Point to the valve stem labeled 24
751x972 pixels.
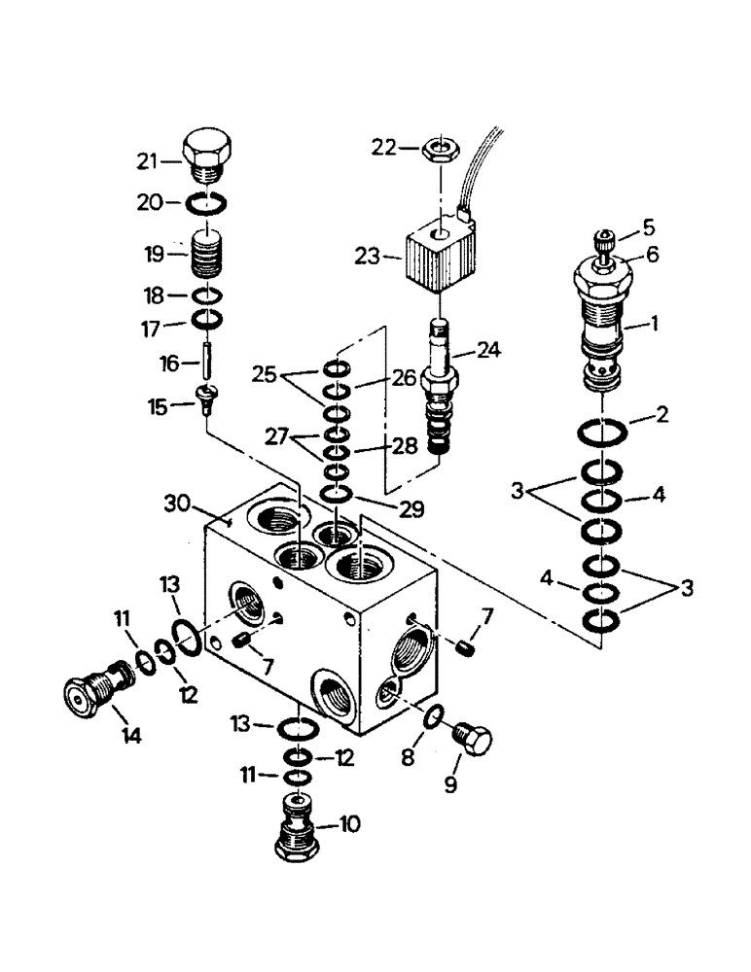441,388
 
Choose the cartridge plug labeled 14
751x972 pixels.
93,690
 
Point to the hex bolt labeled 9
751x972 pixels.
477,741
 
